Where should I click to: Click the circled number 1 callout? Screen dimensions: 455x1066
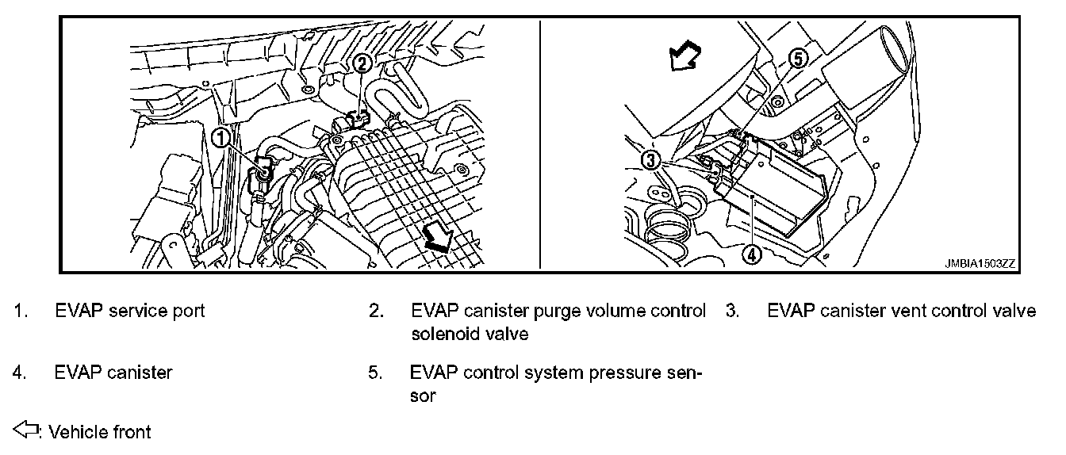click(219, 138)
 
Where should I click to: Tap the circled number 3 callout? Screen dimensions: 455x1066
click(650, 161)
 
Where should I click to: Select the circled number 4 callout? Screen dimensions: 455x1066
click(750, 254)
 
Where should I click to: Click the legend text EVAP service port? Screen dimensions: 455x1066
click(130, 311)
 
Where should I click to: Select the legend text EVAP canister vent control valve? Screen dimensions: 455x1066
click(902, 311)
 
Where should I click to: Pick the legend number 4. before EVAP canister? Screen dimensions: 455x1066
click(20, 372)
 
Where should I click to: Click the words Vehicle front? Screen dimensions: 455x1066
click(100, 432)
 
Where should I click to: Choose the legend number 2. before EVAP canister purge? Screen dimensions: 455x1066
click(377, 311)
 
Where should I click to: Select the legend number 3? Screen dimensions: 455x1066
click(733, 311)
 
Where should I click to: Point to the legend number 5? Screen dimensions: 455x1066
click(376, 372)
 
